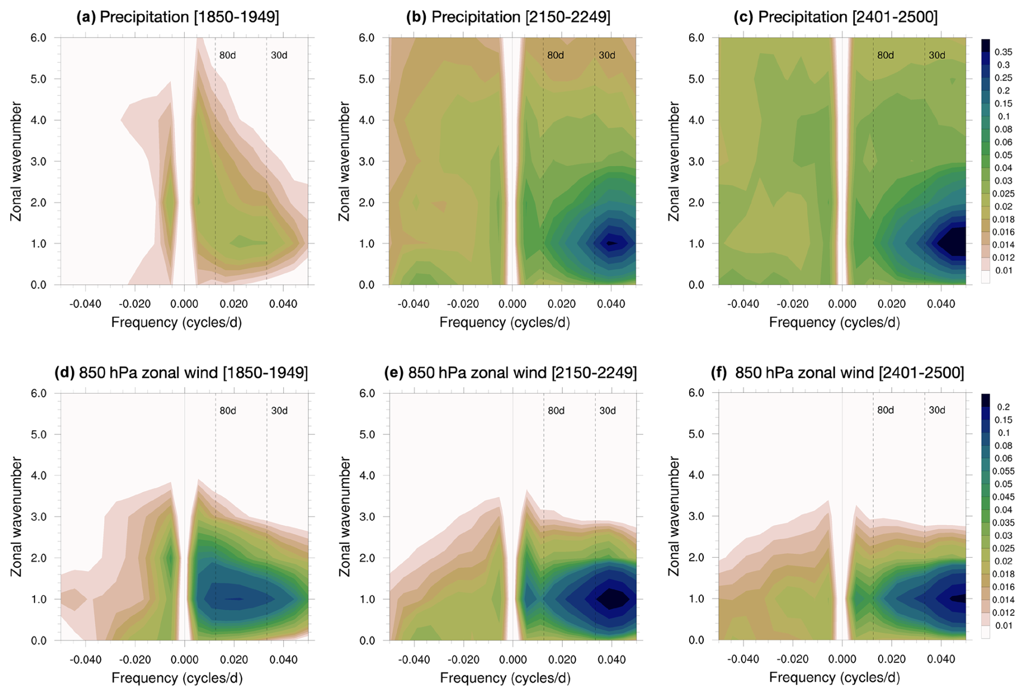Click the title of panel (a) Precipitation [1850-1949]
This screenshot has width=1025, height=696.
pyautogui.click(x=178, y=17)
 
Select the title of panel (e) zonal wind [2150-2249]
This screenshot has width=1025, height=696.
pyautogui.click(x=510, y=372)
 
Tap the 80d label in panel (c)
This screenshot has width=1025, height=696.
pyautogui.click(x=885, y=55)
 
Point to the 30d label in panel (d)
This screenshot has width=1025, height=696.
pyautogui.click(x=280, y=411)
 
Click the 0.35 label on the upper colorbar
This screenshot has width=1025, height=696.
pyautogui.click(x=1003, y=52)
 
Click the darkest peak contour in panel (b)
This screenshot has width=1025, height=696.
pyautogui.click(x=611, y=243)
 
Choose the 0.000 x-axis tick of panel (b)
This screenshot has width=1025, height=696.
pyautogui.click(x=512, y=304)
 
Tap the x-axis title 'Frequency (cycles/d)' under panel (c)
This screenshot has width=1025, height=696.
pyautogui.click(x=834, y=323)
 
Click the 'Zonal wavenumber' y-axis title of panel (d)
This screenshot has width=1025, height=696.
pyautogui.click(x=16, y=517)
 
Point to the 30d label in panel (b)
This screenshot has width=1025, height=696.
pyautogui.click(x=607, y=55)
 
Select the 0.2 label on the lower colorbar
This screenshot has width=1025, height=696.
pyautogui.click(x=1003, y=407)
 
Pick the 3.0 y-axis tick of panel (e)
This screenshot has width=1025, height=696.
pyautogui.click(x=367, y=517)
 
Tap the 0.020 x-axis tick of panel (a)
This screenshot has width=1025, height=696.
pyautogui.click(x=234, y=304)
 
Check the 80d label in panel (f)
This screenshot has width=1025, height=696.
pyautogui.click(x=885, y=410)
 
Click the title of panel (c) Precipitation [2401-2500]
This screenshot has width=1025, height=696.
pyautogui.click(x=835, y=17)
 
